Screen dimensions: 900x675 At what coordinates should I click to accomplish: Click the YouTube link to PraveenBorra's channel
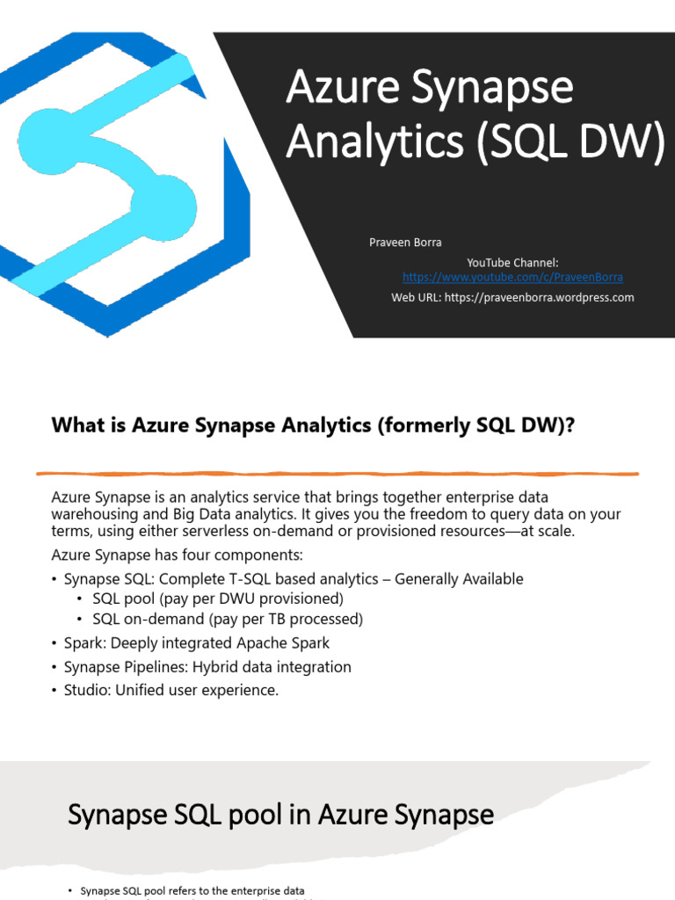[x=512, y=277]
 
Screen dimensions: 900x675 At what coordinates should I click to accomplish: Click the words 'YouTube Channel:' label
[x=512, y=263]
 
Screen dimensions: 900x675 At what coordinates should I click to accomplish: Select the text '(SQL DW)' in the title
[x=570, y=142]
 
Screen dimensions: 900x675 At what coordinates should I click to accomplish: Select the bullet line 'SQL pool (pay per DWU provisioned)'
[x=217, y=599]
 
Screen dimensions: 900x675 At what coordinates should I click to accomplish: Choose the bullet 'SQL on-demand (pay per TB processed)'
[x=227, y=619]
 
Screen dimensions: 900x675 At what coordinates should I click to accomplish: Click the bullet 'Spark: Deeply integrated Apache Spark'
[x=196, y=643]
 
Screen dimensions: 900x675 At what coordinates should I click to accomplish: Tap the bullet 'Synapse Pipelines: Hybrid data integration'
[x=207, y=667]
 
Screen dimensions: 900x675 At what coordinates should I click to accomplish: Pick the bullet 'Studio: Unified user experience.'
[x=171, y=690]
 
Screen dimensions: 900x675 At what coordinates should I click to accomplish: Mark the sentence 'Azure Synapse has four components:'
[x=177, y=555]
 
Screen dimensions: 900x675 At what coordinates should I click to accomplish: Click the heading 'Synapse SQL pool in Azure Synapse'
[x=280, y=815]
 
